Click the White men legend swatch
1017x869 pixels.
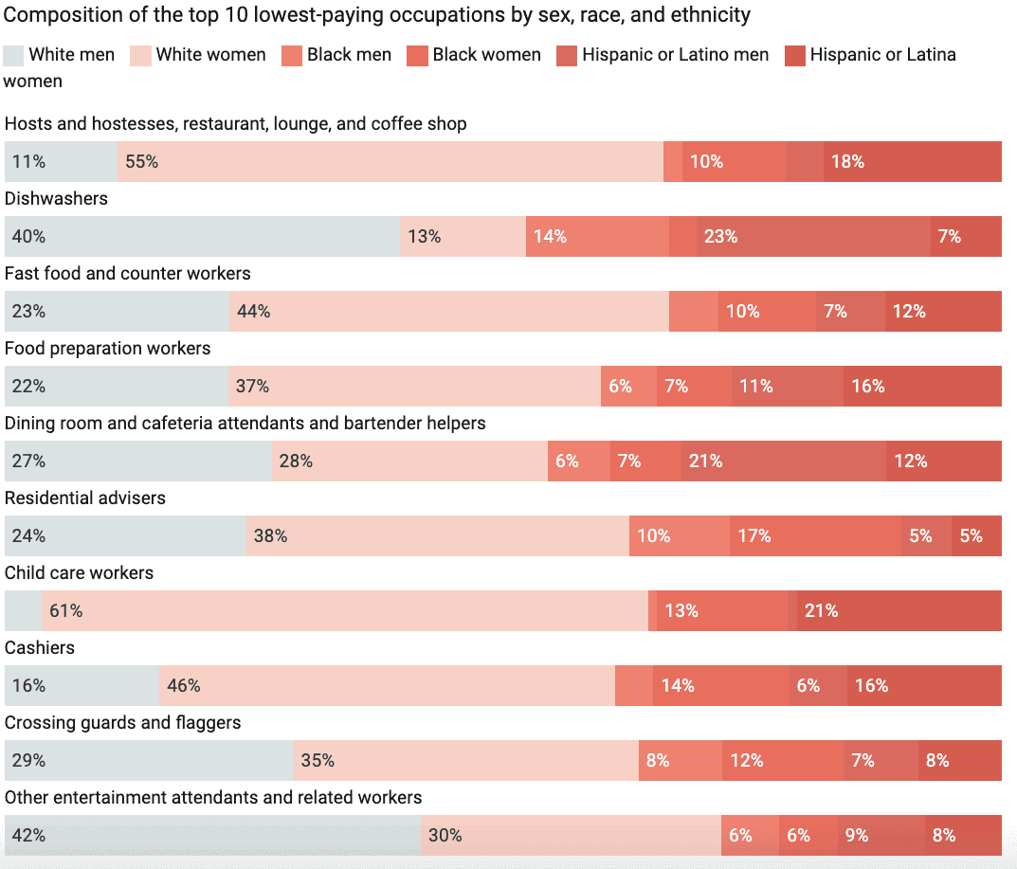(x=14, y=55)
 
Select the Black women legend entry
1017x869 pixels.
(x=486, y=55)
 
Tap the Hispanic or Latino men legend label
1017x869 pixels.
(x=675, y=55)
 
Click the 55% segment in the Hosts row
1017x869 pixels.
(x=390, y=162)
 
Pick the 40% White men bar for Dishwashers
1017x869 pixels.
(x=202, y=237)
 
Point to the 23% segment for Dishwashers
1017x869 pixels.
(x=813, y=237)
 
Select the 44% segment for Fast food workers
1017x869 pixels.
(x=448, y=312)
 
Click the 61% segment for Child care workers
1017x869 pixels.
(x=344, y=611)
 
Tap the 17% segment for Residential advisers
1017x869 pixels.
(x=815, y=536)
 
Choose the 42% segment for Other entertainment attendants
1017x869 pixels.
(x=212, y=836)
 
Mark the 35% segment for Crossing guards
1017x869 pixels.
(x=465, y=761)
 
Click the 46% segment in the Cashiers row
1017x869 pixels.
(x=387, y=686)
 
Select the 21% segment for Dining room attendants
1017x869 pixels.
(x=783, y=462)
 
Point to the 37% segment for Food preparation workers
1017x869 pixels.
(x=414, y=387)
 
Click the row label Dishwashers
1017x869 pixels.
(x=56, y=199)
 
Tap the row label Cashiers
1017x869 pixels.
(x=39, y=648)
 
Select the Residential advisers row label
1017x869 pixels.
(x=84, y=498)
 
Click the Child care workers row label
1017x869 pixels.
(x=79, y=573)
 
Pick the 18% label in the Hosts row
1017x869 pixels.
(x=847, y=162)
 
